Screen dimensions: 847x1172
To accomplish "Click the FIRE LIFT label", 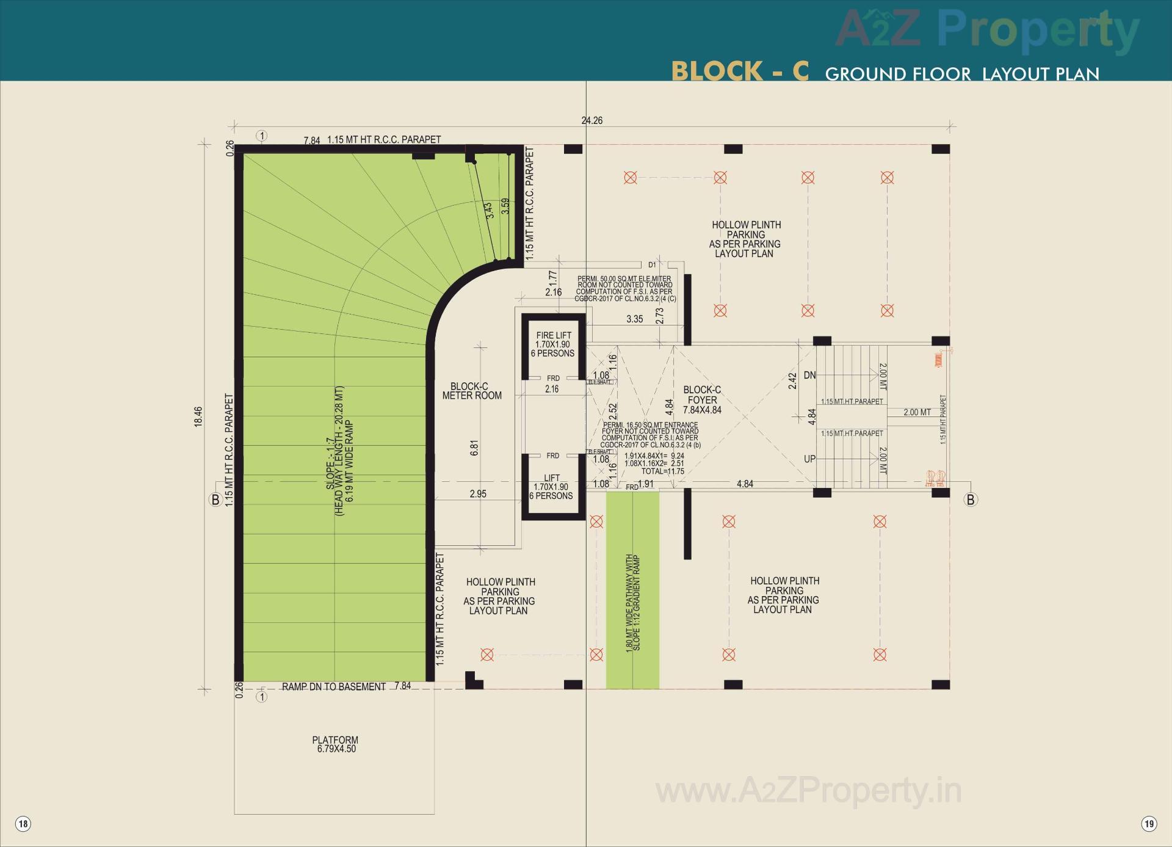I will tap(554, 335).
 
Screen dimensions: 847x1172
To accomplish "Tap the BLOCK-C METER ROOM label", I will tap(472, 391).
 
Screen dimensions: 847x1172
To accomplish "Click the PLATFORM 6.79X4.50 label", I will tap(335, 744).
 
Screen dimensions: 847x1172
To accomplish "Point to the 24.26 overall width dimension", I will tap(591, 120).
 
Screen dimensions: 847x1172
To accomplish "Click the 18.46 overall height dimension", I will tap(198, 416).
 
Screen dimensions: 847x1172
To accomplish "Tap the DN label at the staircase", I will tap(809, 375).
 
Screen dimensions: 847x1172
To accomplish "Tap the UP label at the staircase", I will tap(809, 459).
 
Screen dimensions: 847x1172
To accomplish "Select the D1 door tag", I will tap(652, 265).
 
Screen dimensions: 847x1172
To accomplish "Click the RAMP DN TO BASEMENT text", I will tap(333, 686).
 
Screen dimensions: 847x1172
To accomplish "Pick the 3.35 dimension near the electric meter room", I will tap(634, 319).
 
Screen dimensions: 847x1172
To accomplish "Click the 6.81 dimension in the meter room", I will tap(474, 448).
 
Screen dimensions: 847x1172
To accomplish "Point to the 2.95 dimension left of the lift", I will tap(478, 493).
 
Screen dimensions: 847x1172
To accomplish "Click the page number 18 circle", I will tap(23, 824).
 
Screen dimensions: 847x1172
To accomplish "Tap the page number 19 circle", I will tap(1149, 824).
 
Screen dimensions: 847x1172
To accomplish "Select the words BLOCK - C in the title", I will tap(740, 71).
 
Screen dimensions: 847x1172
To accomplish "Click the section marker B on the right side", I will tap(971, 500).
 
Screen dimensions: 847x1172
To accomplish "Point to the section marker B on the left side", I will tap(215, 500).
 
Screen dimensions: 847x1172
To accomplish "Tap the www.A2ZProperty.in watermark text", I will tap(808, 791).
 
